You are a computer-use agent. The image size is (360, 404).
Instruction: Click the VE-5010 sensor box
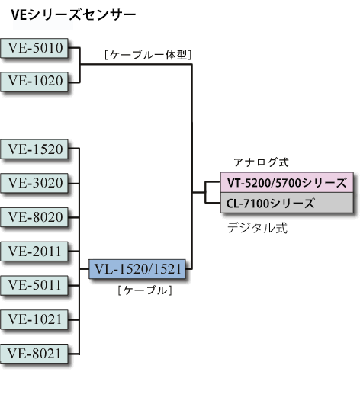(x=35, y=48)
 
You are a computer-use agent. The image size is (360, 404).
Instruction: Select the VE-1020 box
(x=35, y=79)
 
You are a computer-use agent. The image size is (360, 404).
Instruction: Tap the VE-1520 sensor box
(x=35, y=149)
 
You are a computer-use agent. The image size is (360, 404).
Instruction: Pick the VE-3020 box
(x=35, y=183)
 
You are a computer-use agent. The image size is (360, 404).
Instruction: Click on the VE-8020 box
(x=35, y=217)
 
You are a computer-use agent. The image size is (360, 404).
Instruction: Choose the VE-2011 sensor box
(x=35, y=251)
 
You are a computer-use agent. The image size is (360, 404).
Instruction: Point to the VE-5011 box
(x=35, y=285)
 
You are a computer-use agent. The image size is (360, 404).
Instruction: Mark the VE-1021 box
(x=35, y=319)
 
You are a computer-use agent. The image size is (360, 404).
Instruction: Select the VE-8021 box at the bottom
(x=35, y=353)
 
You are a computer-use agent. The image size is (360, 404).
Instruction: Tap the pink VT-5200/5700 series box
(x=287, y=183)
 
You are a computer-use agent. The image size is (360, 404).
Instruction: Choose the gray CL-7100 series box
(x=287, y=204)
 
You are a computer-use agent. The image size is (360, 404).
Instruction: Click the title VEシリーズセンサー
(x=73, y=14)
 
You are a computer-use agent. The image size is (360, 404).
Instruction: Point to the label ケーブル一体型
(x=146, y=55)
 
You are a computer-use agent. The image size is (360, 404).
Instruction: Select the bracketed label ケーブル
(x=145, y=290)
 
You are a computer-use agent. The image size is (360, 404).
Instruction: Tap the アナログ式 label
(x=261, y=162)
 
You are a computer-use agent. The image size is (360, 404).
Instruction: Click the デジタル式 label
(x=257, y=228)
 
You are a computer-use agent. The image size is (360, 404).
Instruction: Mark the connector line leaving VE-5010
(x=76, y=48)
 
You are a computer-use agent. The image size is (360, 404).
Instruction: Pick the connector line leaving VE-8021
(x=76, y=353)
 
